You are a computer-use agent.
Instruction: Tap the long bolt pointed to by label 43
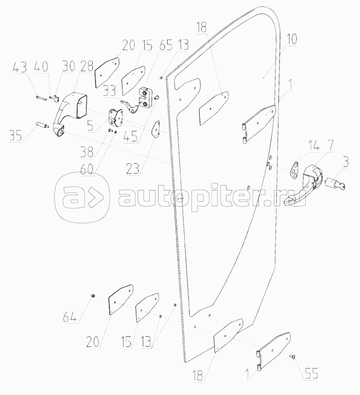pos(40,96)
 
